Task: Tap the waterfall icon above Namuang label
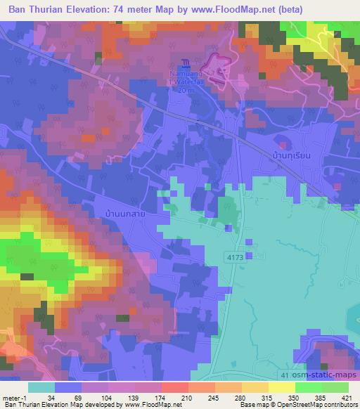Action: tap(184, 64)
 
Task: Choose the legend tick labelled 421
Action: tap(347, 398)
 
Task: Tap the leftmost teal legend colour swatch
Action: tap(41, 387)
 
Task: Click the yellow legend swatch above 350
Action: tap(281, 387)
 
